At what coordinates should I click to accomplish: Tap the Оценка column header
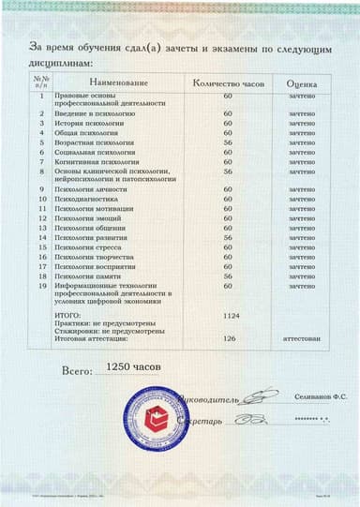click(302, 83)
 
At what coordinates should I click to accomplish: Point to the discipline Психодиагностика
click(91, 200)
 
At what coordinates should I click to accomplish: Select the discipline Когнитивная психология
click(96, 161)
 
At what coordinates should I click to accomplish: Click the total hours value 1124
click(228, 316)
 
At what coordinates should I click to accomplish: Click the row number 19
click(41, 286)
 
